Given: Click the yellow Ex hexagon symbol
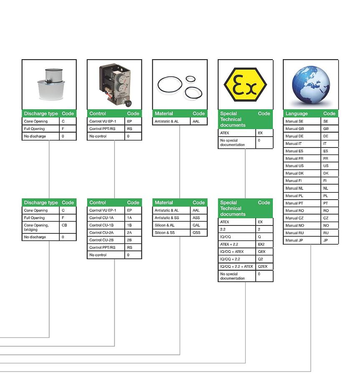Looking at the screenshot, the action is click(x=245, y=85).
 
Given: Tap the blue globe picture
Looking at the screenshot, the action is click(x=311, y=85).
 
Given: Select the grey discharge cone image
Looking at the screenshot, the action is click(x=51, y=84).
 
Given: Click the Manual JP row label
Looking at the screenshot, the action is click(x=294, y=240).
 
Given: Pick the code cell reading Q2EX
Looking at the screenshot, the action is click(x=262, y=266).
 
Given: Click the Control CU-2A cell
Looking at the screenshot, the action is click(x=101, y=232).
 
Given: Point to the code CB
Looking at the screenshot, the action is click(x=64, y=225).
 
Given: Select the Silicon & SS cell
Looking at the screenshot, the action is click(x=165, y=232).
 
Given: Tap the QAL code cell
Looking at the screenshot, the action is click(x=196, y=225).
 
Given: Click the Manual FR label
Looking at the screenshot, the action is click(x=294, y=158).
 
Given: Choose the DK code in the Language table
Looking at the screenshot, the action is click(x=326, y=173).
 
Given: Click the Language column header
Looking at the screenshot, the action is click(x=297, y=114).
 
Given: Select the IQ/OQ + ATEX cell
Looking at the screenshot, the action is click(x=232, y=252).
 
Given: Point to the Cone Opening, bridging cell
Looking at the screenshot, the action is click(x=36, y=227).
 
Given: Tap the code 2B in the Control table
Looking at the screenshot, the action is click(x=129, y=240).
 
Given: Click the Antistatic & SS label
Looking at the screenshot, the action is click(x=167, y=217).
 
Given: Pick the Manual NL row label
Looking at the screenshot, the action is click(x=294, y=188).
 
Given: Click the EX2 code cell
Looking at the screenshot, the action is click(x=261, y=244).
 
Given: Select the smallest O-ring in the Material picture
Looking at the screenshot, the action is click(x=191, y=79).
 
